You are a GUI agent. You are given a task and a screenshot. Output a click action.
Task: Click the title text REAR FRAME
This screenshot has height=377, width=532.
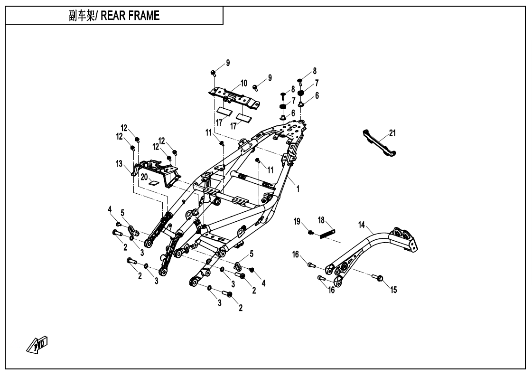(131, 16)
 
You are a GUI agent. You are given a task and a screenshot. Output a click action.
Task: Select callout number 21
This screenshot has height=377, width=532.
(392, 133)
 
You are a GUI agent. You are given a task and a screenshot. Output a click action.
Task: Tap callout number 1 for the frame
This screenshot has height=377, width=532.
(298, 188)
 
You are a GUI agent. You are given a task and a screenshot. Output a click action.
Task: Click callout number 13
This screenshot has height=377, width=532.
(119, 164)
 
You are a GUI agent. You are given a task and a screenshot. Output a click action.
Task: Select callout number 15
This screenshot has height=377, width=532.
(393, 290)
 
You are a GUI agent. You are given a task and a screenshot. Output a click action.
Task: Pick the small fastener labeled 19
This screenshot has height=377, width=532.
(310, 232)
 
